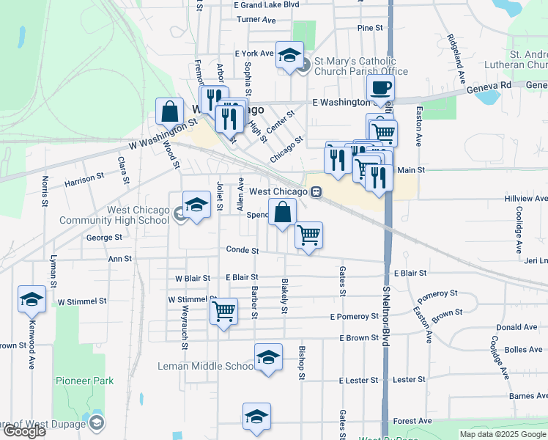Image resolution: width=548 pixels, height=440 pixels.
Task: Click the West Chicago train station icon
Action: [316, 191]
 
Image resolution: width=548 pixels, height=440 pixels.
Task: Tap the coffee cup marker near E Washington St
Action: [379, 89]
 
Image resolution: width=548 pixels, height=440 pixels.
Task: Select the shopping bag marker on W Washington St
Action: [169, 113]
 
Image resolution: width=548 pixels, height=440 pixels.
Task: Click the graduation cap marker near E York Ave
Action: [289, 54]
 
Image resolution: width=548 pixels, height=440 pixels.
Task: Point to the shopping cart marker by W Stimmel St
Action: [223, 310]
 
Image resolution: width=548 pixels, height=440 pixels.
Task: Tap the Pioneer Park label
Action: [84, 381]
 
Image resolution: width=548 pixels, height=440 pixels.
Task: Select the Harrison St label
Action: [84, 179]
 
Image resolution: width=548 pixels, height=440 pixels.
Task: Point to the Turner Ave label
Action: [256, 19]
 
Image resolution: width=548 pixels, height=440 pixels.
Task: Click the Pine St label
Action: [370, 28]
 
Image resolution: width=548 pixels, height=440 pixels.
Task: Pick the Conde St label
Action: [242, 250]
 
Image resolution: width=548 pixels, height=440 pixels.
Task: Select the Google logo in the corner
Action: [23, 431]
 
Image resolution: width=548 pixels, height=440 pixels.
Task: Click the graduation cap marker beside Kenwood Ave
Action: [32, 299]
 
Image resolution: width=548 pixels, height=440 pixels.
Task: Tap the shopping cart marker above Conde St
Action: [308, 235]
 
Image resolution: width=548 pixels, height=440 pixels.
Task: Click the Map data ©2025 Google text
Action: [503, 434]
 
